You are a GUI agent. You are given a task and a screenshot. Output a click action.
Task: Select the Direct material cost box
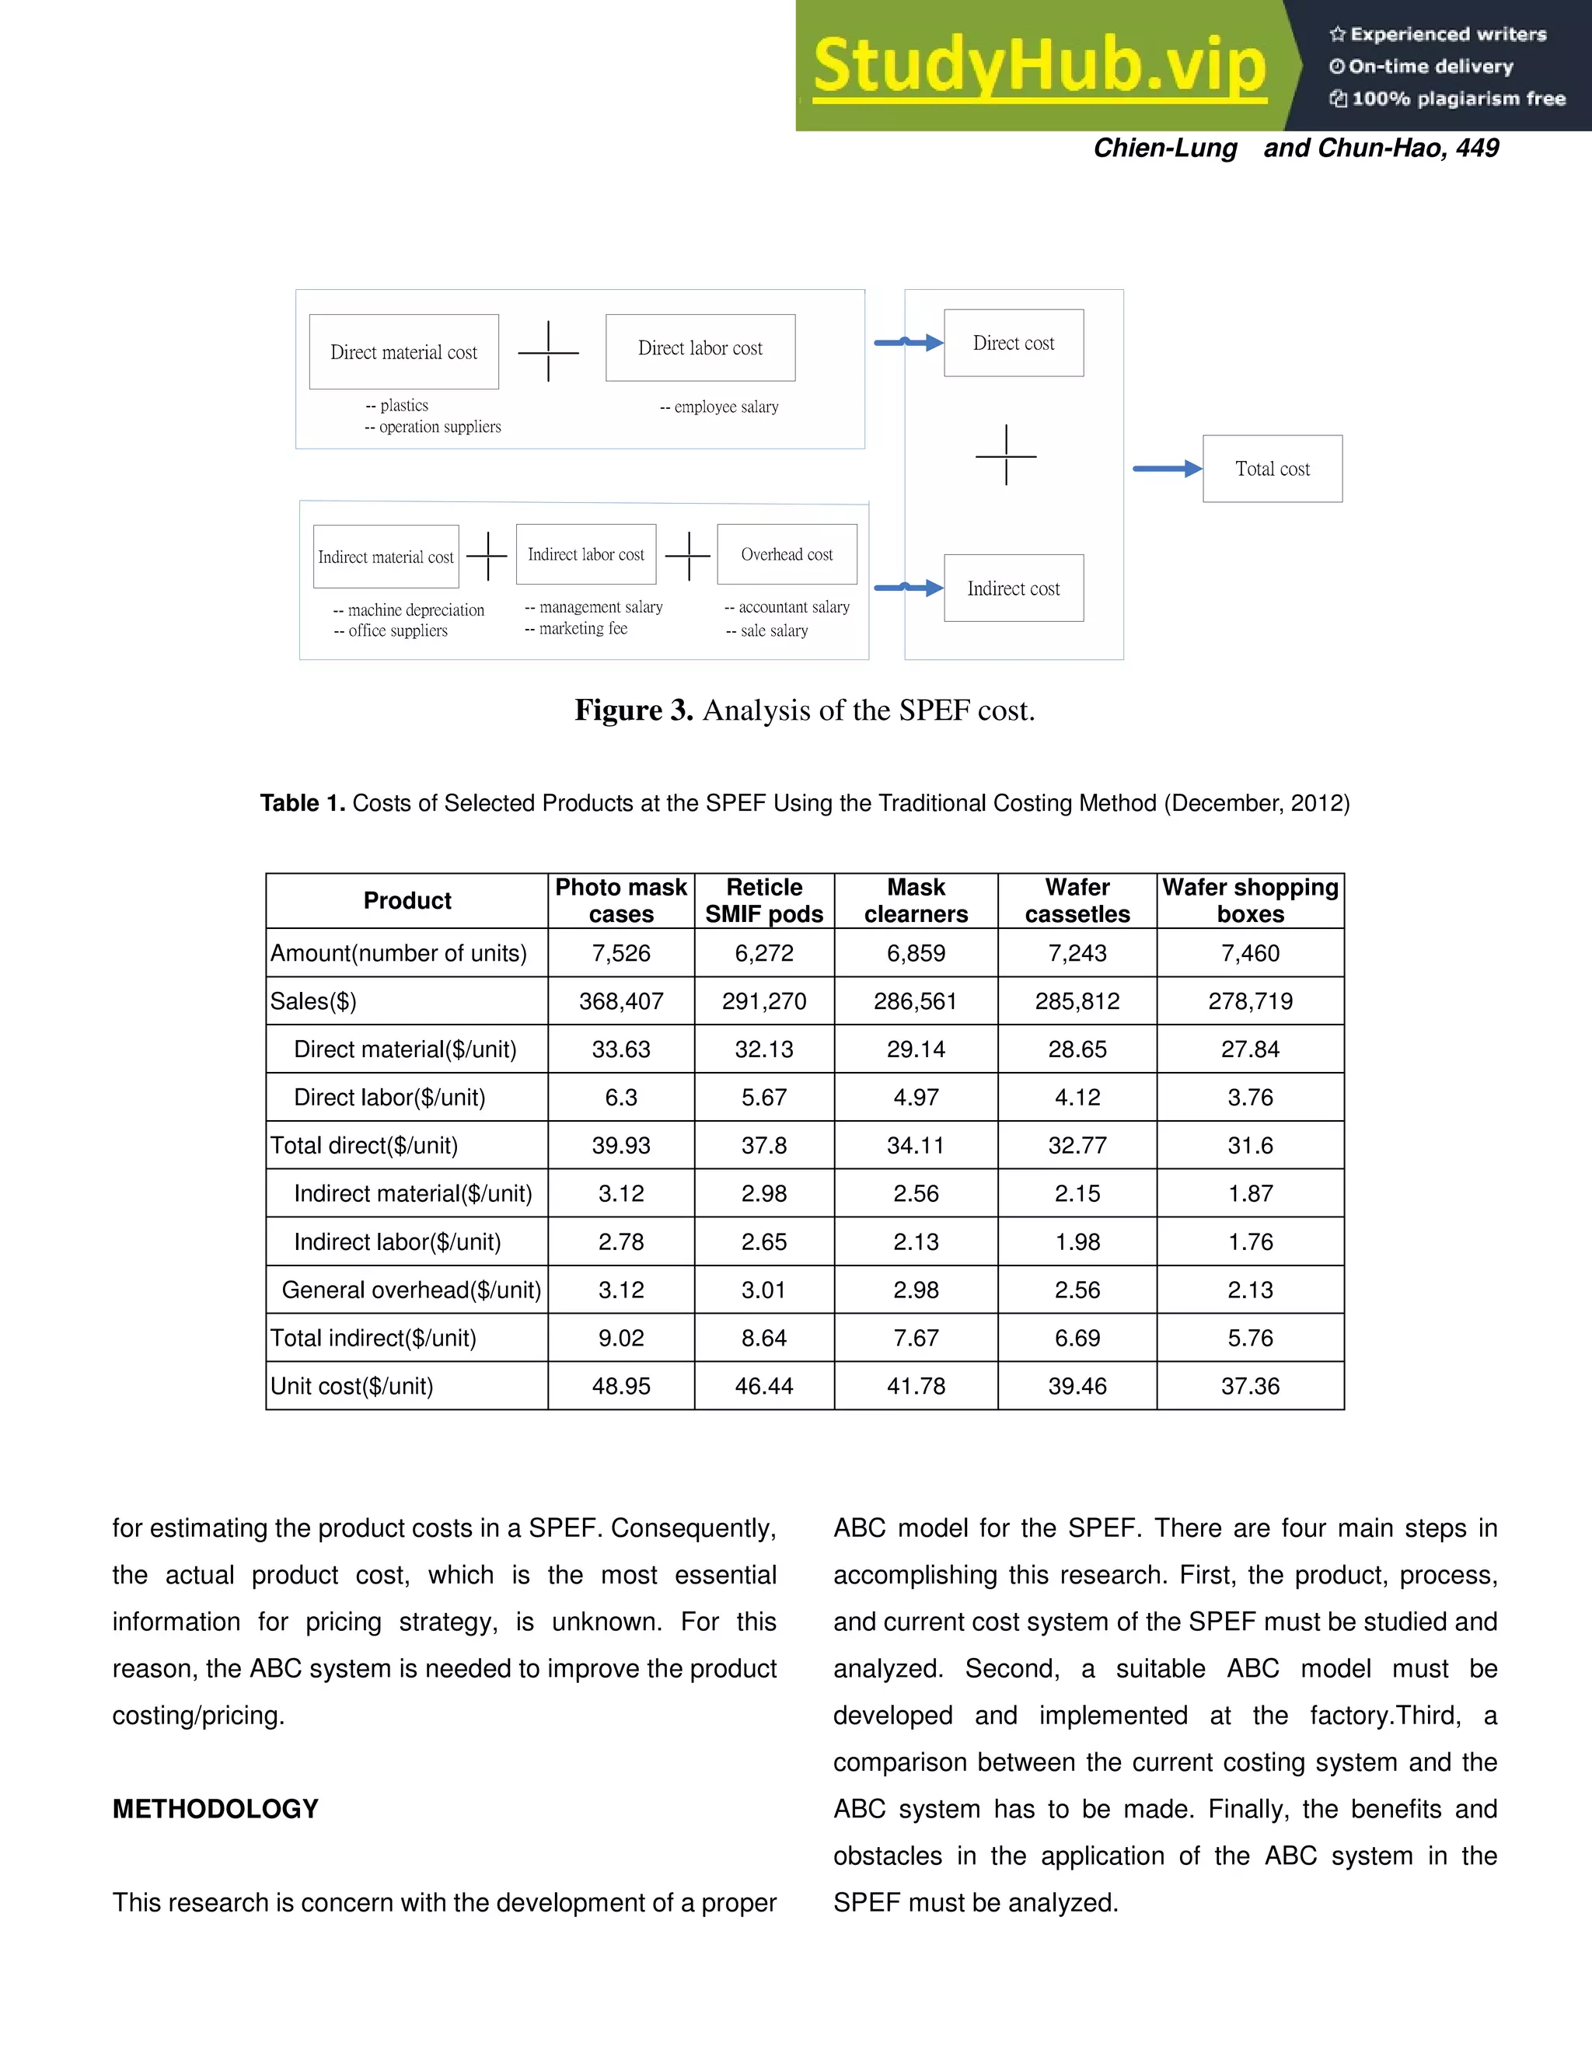[x=403, y=352]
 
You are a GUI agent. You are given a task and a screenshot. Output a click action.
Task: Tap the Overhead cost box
[x=787, y=554]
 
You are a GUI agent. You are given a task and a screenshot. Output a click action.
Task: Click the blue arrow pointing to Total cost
[x=1167, y=469]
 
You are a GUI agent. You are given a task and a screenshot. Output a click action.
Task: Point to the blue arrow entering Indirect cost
[x=907, y=588]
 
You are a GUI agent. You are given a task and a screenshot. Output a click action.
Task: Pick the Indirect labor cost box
[x=585, y=554]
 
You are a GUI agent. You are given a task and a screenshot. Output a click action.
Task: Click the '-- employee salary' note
[x=719, y=407]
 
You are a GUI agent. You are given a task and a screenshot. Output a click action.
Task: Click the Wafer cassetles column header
[x=1077, y=901]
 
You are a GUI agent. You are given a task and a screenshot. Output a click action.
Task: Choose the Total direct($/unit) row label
[x=364, y=1145]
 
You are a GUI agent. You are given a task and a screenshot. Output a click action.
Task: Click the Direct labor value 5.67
[x=764, y=1097]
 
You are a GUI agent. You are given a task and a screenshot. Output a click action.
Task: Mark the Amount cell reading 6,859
[x=915, y=953]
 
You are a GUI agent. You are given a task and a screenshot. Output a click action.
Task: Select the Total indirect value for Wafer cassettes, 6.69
[x=1077, y=1338]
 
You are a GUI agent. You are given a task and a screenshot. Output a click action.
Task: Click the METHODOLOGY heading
[x=215, y=1808]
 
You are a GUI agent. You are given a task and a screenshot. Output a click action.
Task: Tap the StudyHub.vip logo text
[x=1039, y=66]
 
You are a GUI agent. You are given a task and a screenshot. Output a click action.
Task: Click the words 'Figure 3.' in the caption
[x=634, y=711]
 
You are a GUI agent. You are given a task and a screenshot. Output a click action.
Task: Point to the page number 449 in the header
[x=1477, y=148]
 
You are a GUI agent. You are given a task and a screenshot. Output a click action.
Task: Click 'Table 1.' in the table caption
[x=302, y=803]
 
